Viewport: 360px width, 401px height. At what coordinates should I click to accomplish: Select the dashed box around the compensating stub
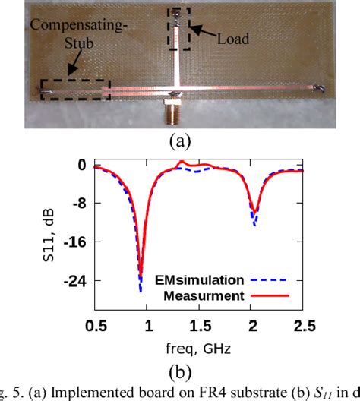[75, 92]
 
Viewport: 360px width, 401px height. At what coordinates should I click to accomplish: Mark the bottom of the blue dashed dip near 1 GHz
[141, 291]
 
